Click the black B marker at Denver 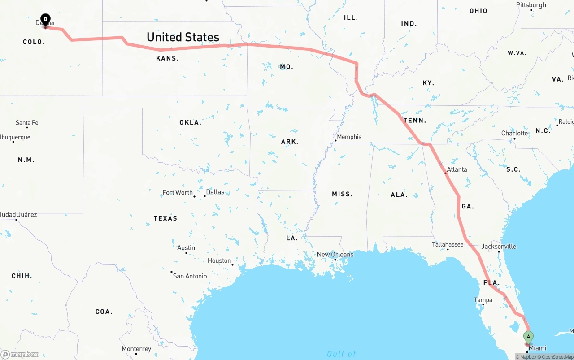45,19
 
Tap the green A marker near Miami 528,337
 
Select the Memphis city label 349,137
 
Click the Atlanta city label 457,169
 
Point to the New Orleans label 335,254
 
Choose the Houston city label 219,260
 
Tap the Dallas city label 215,192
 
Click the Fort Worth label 178,192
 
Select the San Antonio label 190,276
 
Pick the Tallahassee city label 448,244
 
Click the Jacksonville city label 499,247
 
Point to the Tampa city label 483,300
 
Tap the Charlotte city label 514,133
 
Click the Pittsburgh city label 531,5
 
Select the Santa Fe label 27,122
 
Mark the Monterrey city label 136,349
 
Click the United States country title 183,37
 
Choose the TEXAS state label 165,218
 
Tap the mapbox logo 20,355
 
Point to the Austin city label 186,247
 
